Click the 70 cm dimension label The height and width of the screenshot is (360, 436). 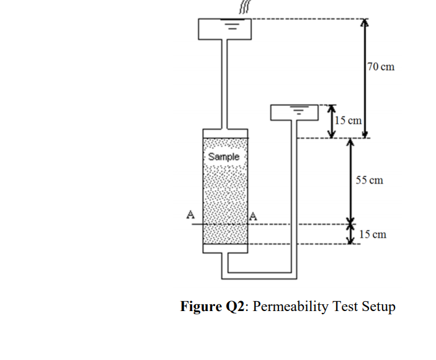click(x=380, y=67)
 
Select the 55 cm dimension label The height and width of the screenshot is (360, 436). click(x=370, y=180)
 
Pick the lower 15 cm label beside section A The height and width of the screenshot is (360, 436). click(x=372, y=234)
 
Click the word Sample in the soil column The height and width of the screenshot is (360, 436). click(x=224, y=157)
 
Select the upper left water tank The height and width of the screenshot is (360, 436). click(x=225, y=28)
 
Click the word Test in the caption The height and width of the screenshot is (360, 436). click(x=343, y=307)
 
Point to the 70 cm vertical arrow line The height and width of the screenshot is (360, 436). click(x=365, y=77)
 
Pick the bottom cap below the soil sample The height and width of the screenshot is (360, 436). click(x=225, y=248)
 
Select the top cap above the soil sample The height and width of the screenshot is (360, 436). click(x=225, y=133)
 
